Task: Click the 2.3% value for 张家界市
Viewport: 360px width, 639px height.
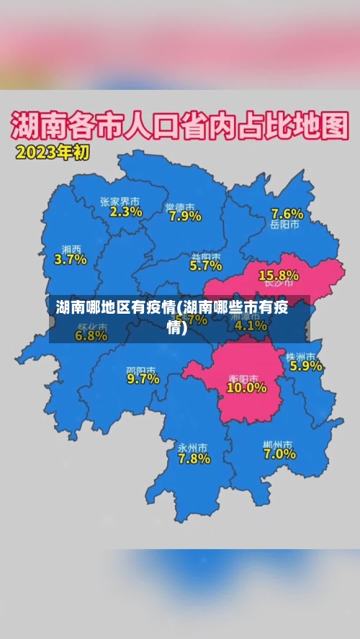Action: pos(126,212)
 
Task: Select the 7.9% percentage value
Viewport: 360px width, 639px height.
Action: pos(184,216)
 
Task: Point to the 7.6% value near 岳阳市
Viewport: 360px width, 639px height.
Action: pos(287,214)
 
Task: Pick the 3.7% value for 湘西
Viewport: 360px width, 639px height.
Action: pos(71,260)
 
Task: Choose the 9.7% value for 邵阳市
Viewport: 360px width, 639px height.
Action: pos(143,379)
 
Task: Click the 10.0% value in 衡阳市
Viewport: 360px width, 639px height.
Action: pos(246,388)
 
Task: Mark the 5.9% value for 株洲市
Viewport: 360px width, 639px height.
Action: pos(305,366)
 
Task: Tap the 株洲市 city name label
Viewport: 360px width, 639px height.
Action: pos(300,356)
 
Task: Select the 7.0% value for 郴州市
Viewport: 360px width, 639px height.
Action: pos(279,454)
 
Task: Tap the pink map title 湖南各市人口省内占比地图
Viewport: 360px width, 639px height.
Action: pos(179,127)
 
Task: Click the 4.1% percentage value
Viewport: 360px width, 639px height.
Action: pos(251,325)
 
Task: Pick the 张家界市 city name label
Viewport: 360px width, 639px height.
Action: pos(120,202)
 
